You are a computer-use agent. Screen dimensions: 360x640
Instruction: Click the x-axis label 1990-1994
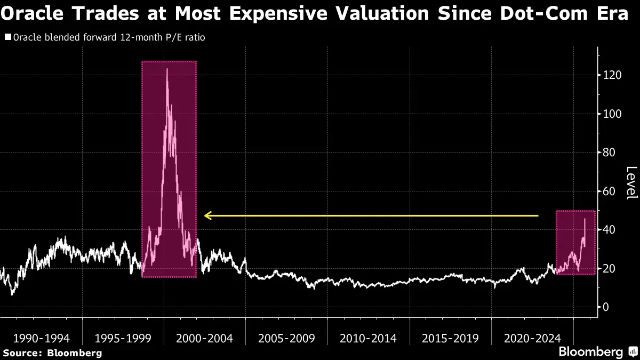[41, 338]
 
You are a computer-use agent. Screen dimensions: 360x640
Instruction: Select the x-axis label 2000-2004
[205, 338]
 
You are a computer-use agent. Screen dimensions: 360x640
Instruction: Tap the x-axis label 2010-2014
[368, 338]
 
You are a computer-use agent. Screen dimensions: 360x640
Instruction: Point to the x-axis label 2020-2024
[532, 338]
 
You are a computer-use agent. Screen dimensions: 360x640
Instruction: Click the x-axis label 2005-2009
[286, 338]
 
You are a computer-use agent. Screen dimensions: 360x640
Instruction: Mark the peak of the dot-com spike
[167, 69]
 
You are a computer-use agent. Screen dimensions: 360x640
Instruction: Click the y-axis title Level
[631, 183]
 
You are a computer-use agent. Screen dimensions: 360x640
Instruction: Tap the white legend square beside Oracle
[7, 37]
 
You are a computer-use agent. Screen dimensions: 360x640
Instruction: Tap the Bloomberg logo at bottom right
[591, 352]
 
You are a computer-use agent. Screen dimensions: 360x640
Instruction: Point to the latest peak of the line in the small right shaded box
[585, 219]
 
